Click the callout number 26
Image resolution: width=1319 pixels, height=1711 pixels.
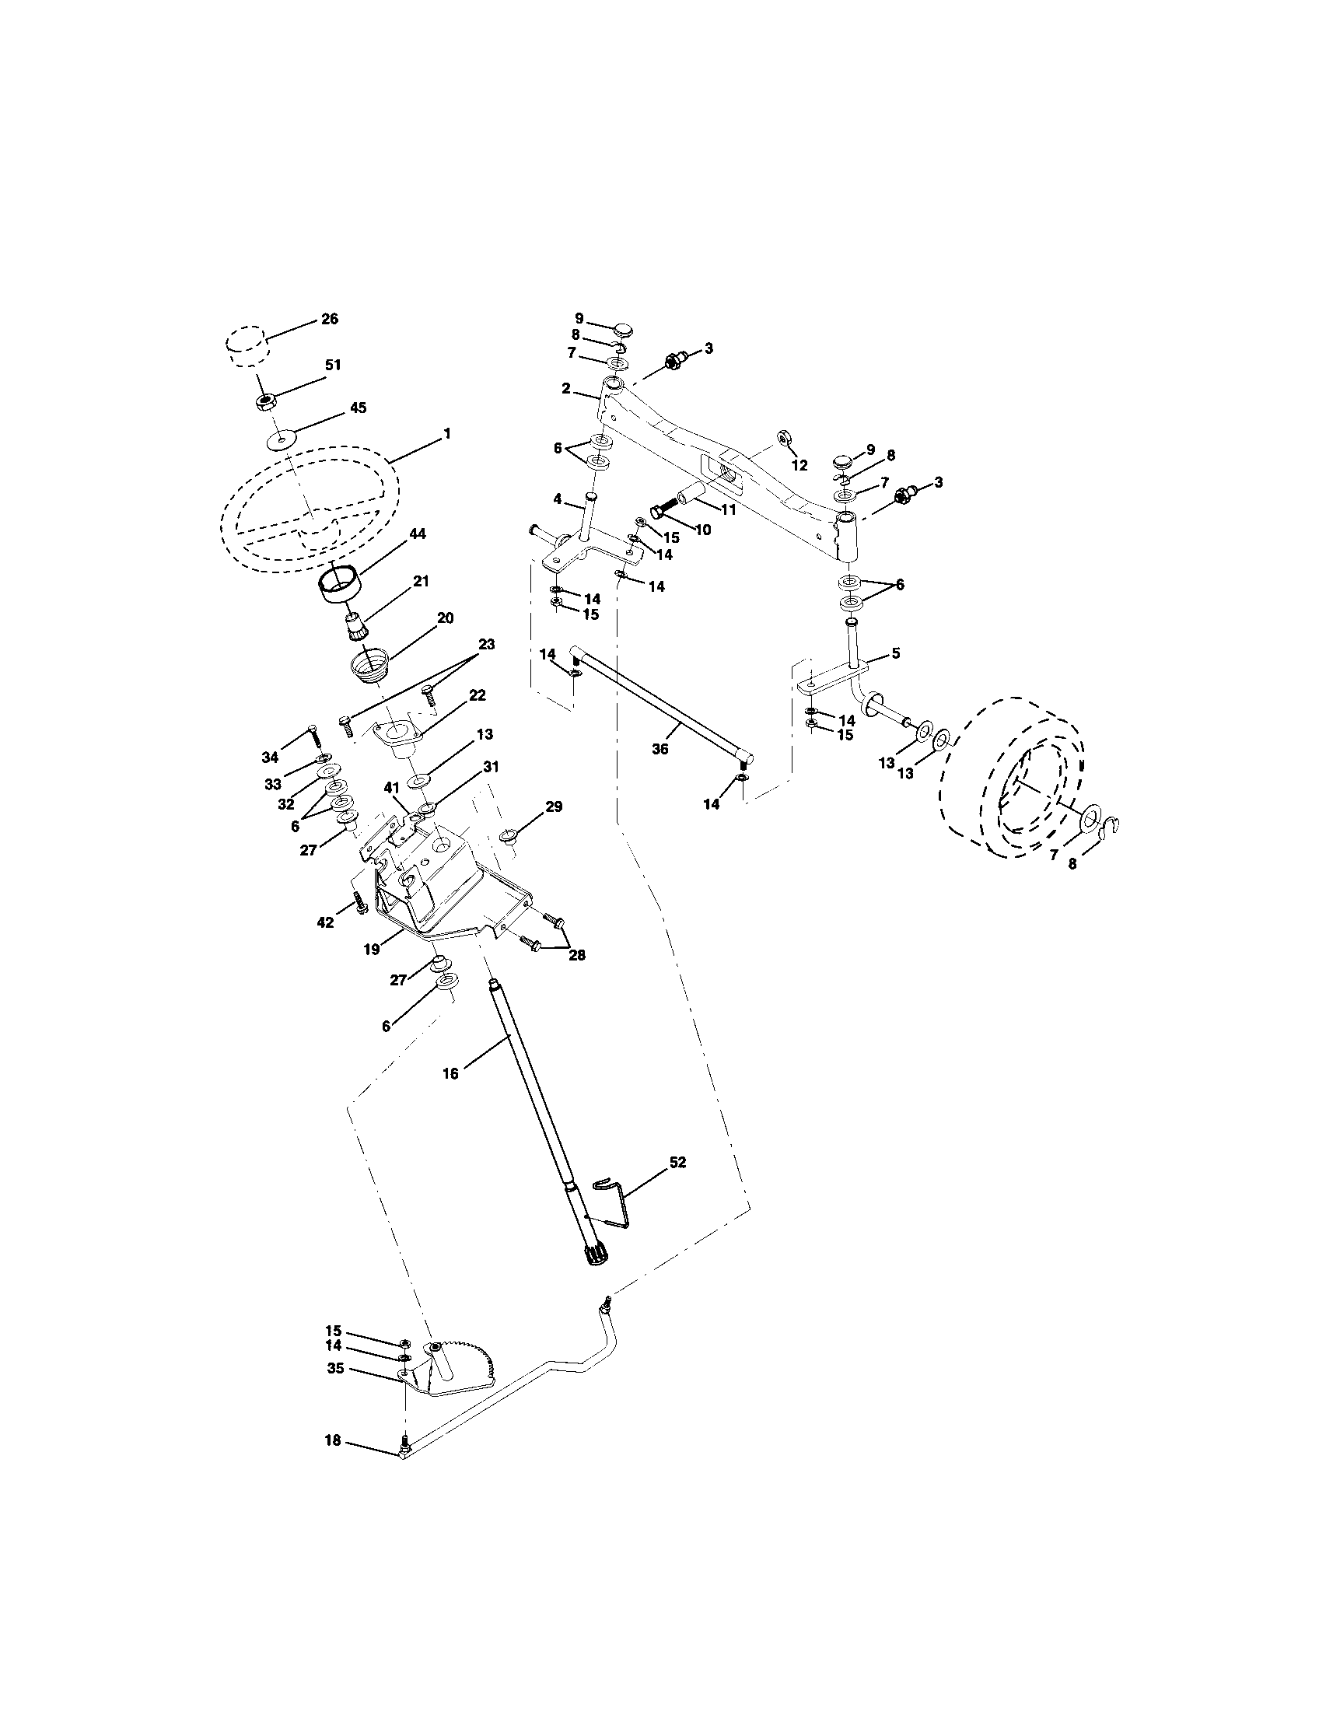tap(330, 319)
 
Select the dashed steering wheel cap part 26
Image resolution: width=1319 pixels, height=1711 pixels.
tap(246, 346)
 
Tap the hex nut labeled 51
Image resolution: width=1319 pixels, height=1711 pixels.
tap(266, 403)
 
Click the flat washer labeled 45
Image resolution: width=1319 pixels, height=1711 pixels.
tap(279, 440)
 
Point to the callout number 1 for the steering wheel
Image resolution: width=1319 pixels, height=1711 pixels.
tap(447, 432)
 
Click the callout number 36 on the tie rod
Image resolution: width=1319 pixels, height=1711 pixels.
tap(660, 749)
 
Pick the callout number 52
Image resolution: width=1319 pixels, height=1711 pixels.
tap(677, 1184)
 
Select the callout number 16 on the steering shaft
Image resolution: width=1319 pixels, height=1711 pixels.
tap(450, 1073)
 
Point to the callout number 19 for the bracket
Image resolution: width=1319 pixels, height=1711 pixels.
tap(371, 949)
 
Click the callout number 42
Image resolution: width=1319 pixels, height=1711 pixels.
tap(324, 922)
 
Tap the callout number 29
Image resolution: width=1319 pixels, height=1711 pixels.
tap(554, 807)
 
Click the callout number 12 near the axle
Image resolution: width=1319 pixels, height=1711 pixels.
tap(799, 465)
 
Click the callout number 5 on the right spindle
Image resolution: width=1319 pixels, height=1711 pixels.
tap(896, 652)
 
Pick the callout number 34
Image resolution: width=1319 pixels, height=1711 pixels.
tap(270, 757)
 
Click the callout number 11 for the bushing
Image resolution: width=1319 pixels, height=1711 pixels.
tap(729, 509)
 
